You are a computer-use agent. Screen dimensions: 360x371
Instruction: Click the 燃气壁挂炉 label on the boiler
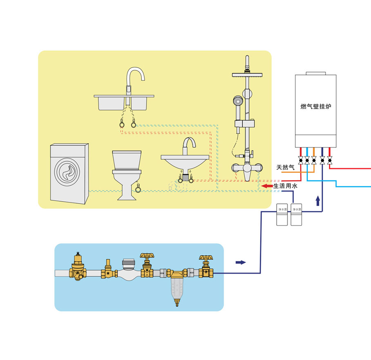point(315,106)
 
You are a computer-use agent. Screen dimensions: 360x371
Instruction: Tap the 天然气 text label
point(285,167)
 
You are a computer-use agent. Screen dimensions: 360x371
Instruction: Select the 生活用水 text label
point(286,186)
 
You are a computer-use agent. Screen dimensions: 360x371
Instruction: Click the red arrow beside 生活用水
point(267,186)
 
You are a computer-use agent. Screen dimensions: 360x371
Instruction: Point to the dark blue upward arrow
point(318,200)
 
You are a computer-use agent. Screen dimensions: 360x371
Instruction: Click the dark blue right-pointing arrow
point(241,262)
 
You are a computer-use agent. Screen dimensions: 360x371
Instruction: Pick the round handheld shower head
point(237,100)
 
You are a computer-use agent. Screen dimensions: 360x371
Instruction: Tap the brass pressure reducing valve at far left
point(78,268)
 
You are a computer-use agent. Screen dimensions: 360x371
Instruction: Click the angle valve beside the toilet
point(138,189)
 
